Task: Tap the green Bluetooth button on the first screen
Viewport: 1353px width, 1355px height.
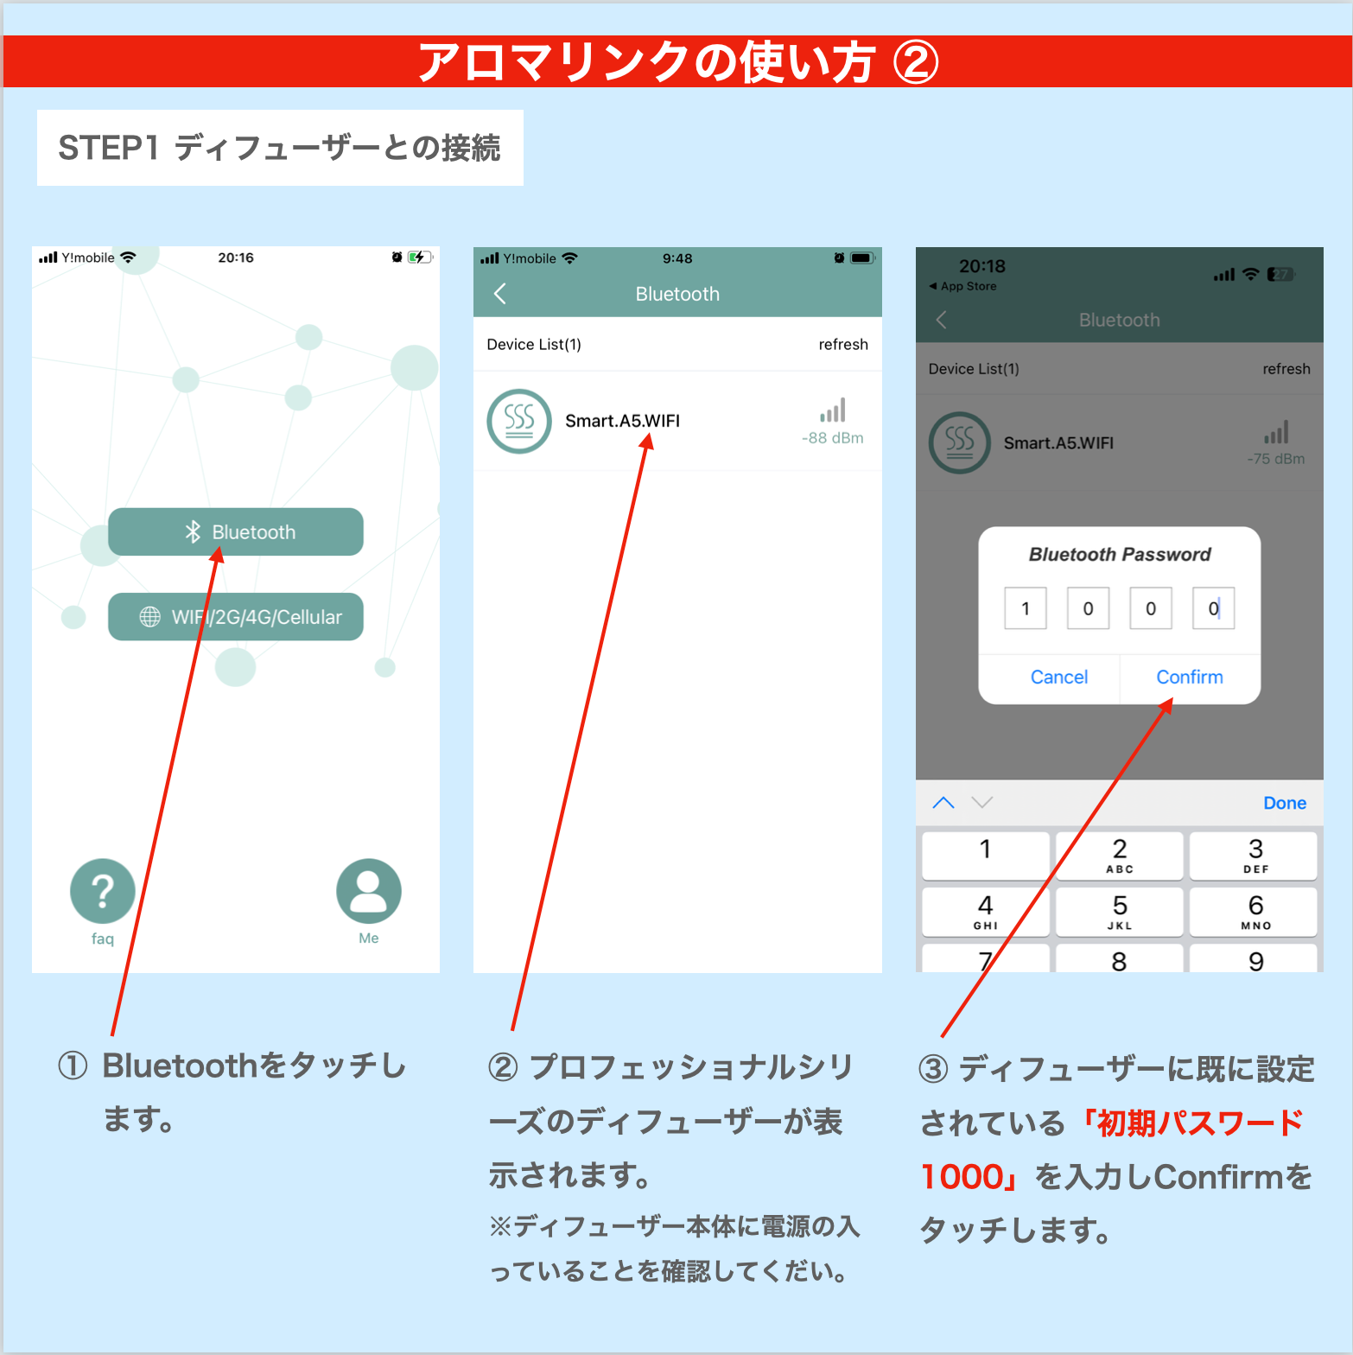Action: [x=236, y=531]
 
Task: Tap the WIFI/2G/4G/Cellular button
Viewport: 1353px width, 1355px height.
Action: [x=236, y=616]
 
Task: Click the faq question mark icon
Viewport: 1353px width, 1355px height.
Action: [x=103, y=891]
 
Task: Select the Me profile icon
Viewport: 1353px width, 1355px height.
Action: [x=369, y=891]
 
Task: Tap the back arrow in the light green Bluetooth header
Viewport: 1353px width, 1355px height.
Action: [x=499, y=294]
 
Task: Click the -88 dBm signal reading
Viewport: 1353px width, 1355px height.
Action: [x=833, y=438]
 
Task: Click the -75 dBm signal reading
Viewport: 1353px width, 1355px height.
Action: [x=1276, y=459]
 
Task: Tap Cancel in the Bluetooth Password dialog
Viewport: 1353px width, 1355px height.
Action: [x=1059, y=677]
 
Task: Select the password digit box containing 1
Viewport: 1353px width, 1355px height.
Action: [x=1026, y=608]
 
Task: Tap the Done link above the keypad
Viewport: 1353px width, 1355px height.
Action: [x=1285, y=803]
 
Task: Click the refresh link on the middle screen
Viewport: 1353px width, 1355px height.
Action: [x=843, y=344]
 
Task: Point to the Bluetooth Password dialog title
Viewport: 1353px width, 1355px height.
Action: [x=1120, y=554]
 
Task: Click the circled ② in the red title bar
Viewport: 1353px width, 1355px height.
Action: [x=916, y=63]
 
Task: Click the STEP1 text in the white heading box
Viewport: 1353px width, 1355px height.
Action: [x=109, y=148]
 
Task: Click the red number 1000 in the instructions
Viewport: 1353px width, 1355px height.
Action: [x=962, y=1177]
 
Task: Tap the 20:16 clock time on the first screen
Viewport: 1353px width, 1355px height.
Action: [x=236, y=258]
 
